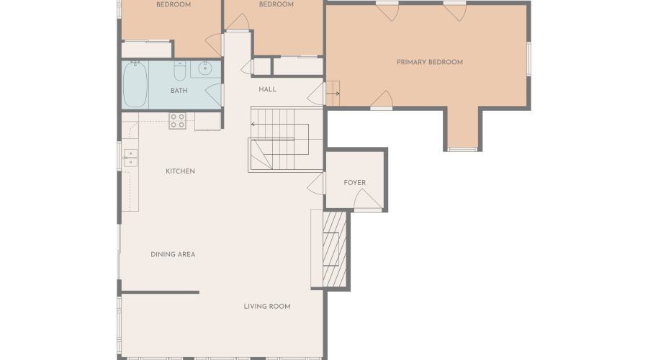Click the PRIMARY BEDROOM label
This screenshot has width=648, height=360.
pyautogui.click(x=429, y=63)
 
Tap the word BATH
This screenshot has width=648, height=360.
pyautogui.click(x=179, y=91)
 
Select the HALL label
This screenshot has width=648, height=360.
pyautogui.click(x=267, y=89)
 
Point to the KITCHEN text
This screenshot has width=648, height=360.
pyautogui.click(x=180, y=171)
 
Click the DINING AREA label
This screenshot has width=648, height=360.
pyautogui.click(x=173, y=254)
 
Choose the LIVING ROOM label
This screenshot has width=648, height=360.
pyautogui.click(x=266, y=306)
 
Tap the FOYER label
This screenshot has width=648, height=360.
pyautogui.click(x=354, y=183)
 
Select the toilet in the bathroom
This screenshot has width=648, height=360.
pyautogui.click(x=180, y=69)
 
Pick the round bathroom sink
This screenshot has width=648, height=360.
pyautogui.click(x=204, y=70)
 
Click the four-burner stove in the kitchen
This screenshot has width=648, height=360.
pyautogui.click(x=177, y=120)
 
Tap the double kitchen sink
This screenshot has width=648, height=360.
pyautogui.click(x=130, y=158)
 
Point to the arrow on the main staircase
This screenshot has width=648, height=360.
pyautogui.click(x=253, y=124)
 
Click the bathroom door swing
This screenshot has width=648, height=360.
pyautogui.click(x=213, y=94)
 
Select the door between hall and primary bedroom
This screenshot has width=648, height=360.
pyautogui.click(x=315, y=92)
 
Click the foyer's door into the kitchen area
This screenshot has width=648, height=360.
pyautogui.click(x=315, y=185)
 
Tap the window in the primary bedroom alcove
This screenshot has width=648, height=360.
pyautogui.click(x=462, y=149)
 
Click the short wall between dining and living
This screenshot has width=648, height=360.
pyautogui.click(x=160, y=292)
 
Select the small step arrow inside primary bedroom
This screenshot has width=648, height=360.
pyautogui.click(x=333, y=94)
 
